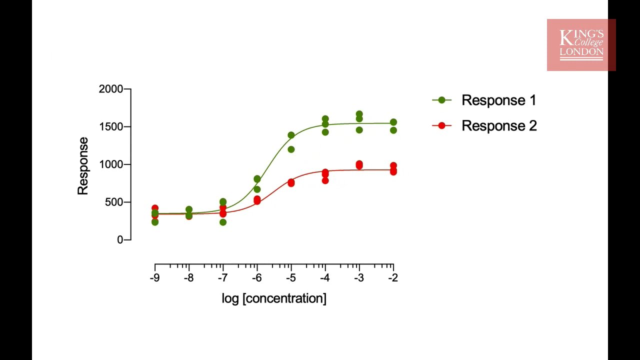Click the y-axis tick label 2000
[110, 89]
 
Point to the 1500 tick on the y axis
[110, 127]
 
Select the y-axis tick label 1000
[110, 164]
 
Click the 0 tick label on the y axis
[120, 240]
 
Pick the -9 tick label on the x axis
[154, 278]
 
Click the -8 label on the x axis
[188, 278]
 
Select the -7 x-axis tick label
[222, 278]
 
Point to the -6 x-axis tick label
[256, 278]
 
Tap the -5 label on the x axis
[290, 278]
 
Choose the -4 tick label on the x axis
[324, 278]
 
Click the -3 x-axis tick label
[359, 278]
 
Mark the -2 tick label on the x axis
[393, 278]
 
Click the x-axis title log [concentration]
[274, 298]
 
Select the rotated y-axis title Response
[82, 166]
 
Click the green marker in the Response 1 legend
[441, 100]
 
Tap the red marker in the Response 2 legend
[441, 125]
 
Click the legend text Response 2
[499, 125]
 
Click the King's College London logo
[581, 44]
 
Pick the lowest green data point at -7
[223, 222]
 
